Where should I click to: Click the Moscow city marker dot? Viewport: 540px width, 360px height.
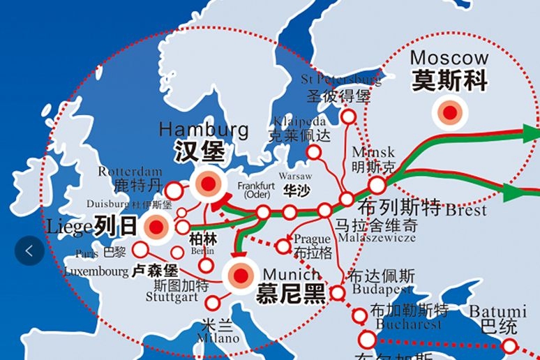coord(450,112)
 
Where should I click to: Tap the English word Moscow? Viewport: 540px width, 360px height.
coord(449,57)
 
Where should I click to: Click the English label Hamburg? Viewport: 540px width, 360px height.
coord(204,130)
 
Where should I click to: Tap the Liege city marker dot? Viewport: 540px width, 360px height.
coord(154,227)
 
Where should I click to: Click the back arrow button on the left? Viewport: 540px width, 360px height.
coord(29,250)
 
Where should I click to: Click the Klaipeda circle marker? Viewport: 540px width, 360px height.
coord(314,152)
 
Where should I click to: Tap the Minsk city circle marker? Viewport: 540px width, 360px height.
coord(377,185)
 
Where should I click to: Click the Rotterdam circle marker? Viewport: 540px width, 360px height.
coord(174,190)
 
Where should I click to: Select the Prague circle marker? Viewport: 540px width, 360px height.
coord(283,246)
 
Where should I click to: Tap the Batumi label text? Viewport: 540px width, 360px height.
coord(497,311)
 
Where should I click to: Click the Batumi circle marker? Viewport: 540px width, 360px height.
coord(510,345)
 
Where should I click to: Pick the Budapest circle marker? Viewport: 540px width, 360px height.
coord(338,293)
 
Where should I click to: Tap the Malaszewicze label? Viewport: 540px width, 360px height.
coord(376,238)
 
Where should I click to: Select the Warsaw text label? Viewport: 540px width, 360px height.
coord(295,176)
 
